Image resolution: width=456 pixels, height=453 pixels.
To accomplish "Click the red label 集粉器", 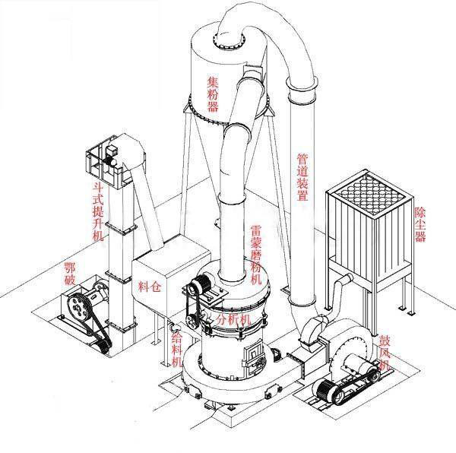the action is coord(213,94).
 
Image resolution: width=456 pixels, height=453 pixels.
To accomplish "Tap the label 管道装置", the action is coord(302,177).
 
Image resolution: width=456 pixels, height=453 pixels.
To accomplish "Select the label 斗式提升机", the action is coord(98,211).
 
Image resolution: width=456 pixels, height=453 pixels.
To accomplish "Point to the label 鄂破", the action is coord(70,274).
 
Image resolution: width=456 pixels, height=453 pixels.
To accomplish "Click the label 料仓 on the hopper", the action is coord(150,287).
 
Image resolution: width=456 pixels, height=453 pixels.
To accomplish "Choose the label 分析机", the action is coord(233,320).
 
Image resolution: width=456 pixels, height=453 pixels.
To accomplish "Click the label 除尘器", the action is coord(420,224).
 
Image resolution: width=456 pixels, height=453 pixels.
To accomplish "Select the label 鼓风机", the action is coord(385,353).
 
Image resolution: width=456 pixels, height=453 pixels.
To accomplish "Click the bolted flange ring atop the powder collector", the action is coord(229,41).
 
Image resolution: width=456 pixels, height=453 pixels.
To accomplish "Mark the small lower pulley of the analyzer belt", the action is coord(192,321).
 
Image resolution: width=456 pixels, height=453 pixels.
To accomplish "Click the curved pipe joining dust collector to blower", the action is coord(337,292).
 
